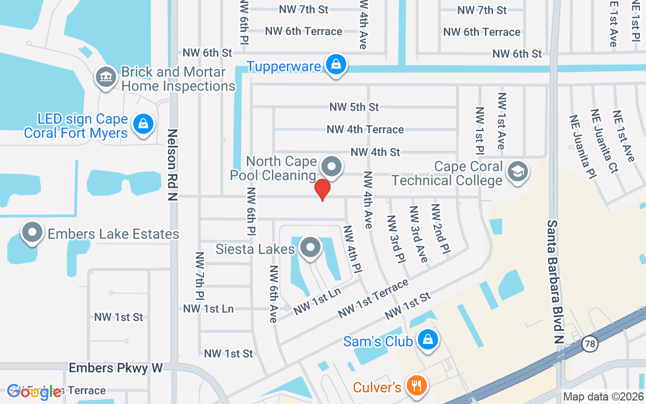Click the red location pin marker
pos(322,190)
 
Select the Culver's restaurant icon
pos(416,386)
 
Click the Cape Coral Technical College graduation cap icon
pos(518,171)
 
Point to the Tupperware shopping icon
pos(336,64)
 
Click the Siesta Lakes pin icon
pos(310,247)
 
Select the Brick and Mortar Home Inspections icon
pos(105,77)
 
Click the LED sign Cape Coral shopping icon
pos(143,124)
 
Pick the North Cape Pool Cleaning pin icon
pos(332,166)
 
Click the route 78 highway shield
pos(589,344)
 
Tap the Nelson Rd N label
pos(173,165)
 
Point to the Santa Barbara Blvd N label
pos(555,282)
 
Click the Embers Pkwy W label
pos(116,368)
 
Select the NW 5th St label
pos(354,107)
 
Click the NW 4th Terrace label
pos(365,129)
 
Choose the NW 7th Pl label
pos(200,275)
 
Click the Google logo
pos(34,391)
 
